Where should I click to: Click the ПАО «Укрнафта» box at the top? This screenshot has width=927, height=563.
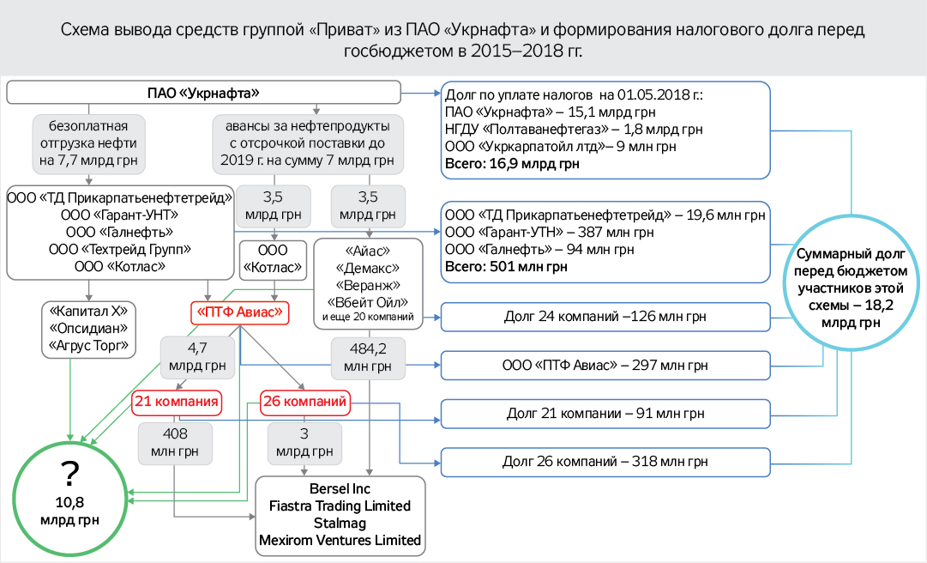(203, 93)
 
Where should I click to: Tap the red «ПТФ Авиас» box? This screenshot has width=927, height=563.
(240, 312)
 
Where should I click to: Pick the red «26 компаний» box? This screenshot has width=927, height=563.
(306, 401)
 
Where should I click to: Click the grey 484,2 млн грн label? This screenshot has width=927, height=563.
(368, 357)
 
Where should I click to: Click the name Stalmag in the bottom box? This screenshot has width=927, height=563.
(340, 523)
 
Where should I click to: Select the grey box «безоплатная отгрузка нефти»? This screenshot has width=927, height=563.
(88, 144)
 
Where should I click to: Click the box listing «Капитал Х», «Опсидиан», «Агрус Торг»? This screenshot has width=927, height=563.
(88, 329)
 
